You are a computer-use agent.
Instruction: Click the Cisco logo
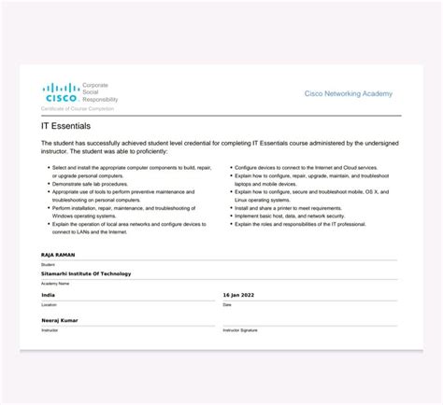pos(61,92)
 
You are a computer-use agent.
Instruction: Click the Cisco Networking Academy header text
pos(349,94)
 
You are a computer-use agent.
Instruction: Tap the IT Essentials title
pos(65,124)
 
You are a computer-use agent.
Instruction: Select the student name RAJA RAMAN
pos(59,254)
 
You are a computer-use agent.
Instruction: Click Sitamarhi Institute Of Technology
pos(86,273)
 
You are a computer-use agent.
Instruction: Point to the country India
pos(49,294)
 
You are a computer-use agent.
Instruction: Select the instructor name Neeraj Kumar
pos(60,320)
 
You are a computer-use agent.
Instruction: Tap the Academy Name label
pos(55,284)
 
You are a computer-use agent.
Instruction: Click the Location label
pos(50,304)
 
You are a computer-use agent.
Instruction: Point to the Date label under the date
pos(227,304)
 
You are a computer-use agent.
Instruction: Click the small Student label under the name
pos(49,264)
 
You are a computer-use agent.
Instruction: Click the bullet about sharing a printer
pos(289,208)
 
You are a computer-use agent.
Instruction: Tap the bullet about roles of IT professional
pos(299,224)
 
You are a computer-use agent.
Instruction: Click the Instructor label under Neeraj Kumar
pos(50,330)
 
